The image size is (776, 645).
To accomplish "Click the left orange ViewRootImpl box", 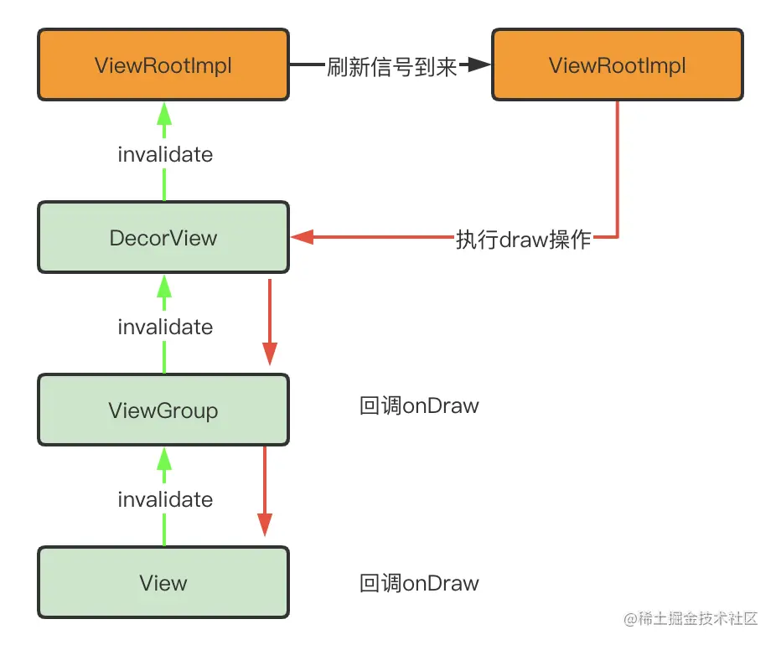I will click(x=163, y=65).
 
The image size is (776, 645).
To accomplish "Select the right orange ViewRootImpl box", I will click(x=617, y=65).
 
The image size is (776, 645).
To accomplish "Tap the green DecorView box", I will click(x=163, y=238).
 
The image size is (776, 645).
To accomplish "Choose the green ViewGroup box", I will click(x=163, y=410).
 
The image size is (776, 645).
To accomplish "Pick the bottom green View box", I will click(x=163, y=583).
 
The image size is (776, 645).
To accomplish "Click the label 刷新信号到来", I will click(x=392, y=66).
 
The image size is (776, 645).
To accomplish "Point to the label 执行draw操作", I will click(x=524, y=239).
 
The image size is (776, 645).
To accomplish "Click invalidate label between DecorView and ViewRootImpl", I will click(x=165, y=154).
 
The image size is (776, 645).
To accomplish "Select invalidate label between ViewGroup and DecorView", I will click(x=165, y=327).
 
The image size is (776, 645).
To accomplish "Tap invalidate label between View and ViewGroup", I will click(x=165, y=499).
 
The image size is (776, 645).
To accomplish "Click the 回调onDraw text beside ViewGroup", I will click(x=419, y=406).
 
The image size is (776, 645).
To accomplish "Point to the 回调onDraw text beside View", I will click(x=419, y=583).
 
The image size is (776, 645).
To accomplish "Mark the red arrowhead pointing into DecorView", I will click(x=302, y=238).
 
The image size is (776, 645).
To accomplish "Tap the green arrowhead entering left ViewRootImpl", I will click(x=164, y=111).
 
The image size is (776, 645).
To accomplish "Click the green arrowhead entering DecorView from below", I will click(x=164, y=286).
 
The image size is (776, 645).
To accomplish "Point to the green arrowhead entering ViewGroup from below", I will click(x=164, y=457).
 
